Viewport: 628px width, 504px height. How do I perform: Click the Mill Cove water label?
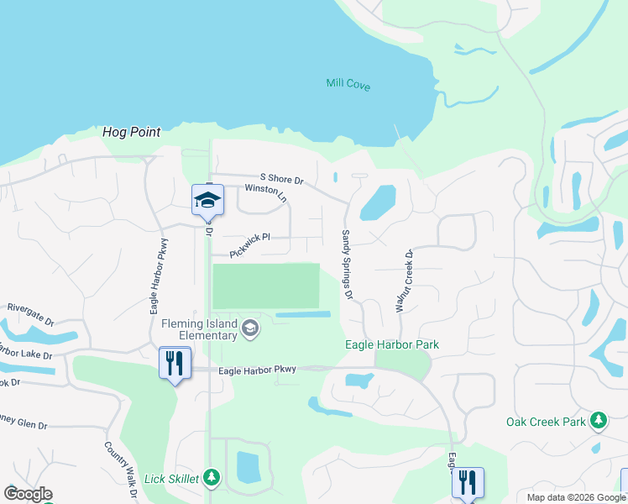pos(348,85)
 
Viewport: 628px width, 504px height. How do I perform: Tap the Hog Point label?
pos(131,133)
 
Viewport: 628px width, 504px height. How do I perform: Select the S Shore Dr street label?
pos(281,180)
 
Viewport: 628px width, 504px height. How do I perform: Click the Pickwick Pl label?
pos(250,238)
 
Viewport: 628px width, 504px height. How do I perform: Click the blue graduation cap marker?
pos(207,200)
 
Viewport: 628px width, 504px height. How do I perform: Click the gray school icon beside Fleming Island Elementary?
pos(249,328)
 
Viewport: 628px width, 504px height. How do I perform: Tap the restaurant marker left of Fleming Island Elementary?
pos(175,363)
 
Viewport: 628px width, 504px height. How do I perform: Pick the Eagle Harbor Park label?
pos(392,345)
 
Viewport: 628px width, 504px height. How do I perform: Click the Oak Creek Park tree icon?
pos(598,419)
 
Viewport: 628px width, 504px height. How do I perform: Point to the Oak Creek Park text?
pos(546,422)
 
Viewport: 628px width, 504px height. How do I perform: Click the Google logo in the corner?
pos(28,493)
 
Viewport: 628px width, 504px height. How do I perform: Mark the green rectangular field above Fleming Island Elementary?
pos(266,286)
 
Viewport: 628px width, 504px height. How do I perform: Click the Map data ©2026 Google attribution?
pos(574,497)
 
